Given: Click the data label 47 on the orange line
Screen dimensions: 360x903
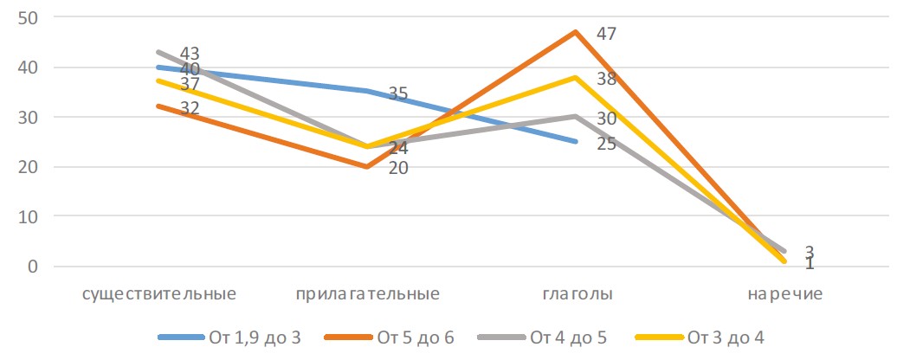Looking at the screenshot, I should point(608,35).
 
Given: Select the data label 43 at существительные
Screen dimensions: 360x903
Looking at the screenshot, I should point(190,54).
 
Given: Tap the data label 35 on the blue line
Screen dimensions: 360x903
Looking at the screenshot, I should point(397,93).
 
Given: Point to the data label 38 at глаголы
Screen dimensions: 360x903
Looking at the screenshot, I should point(608,79).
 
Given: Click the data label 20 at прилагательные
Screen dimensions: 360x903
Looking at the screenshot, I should point(397,167).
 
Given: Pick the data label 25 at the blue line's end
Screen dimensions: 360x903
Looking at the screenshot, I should point(608,143).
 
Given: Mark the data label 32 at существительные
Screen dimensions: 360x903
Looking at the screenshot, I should point(190,108).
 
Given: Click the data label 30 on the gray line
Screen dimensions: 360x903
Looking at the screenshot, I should point(608,119).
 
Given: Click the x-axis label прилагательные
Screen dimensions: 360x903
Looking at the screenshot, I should point(368,294).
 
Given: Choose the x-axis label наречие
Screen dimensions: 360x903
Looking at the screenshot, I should point(785,294).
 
